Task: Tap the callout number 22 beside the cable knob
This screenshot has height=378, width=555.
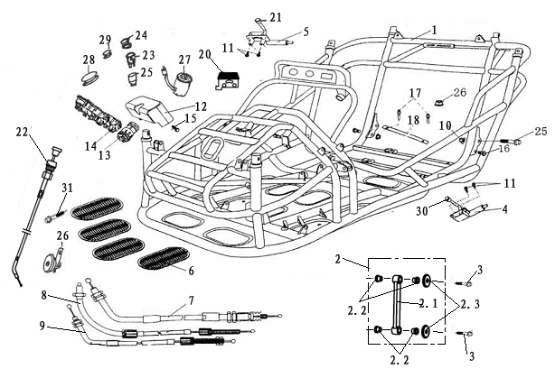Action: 23,132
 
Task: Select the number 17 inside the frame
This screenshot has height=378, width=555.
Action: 415,93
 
